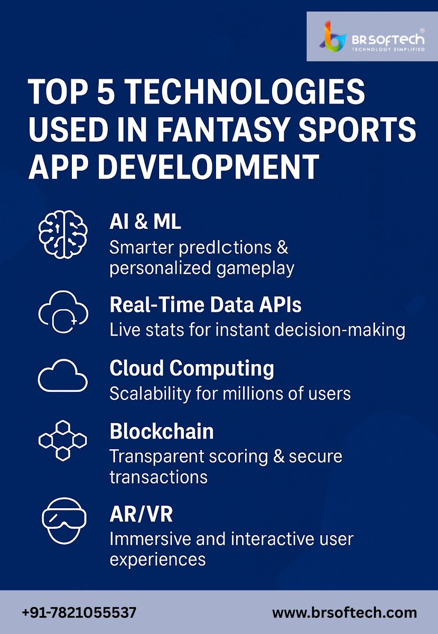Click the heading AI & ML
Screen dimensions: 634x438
(x=145, y=222)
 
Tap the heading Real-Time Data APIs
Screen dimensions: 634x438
(x=206, y=305)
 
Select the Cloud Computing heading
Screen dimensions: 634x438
(x=192, y=368)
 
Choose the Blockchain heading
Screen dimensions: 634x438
(x=162, y=432)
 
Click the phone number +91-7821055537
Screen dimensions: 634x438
(x=79, y=613)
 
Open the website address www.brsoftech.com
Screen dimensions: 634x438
(x=344, y=613)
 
